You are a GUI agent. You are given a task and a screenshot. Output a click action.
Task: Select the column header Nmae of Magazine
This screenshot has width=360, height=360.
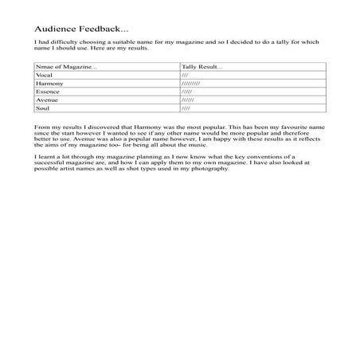[x=66, y=67]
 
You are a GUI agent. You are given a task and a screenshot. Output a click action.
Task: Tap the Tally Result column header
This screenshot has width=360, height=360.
[x=202, y=67]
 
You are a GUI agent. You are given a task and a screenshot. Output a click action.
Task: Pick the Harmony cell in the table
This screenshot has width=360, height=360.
[x=49, y=84]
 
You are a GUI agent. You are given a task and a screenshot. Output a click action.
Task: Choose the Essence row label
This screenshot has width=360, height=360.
[x=48, y=92]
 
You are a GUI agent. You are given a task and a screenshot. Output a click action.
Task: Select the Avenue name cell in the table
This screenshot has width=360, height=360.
[x=47, y=100]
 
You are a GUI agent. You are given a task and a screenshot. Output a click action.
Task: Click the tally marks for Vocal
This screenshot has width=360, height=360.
[x=186, y=75]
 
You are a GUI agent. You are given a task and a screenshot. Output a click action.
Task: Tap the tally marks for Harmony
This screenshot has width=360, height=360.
[x=190, y=84]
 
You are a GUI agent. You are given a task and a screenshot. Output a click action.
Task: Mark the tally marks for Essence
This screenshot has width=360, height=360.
[x=187, y=92]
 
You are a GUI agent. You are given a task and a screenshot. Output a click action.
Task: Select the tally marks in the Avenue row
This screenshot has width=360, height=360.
[x=188, y=100]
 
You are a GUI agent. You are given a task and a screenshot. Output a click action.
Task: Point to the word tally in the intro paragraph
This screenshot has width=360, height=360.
[x=283, y=41]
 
